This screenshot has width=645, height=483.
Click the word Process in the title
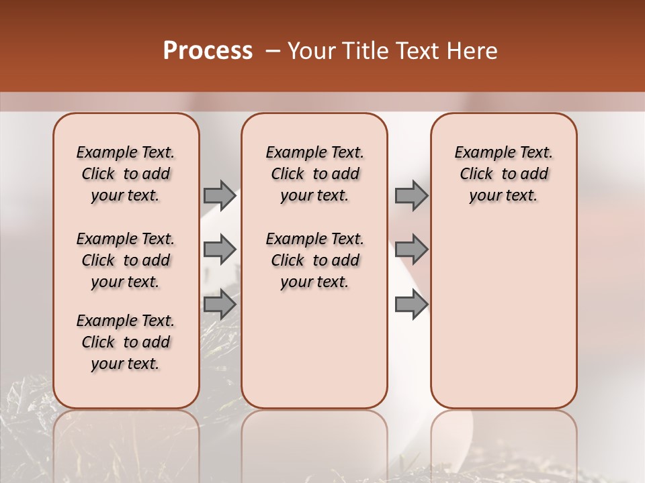point(208,51)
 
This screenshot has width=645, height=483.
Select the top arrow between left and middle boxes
point(220,196)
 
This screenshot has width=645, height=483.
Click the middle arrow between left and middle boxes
point(220,250)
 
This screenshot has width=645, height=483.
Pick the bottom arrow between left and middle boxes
point(220,305)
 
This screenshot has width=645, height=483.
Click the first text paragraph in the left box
point(126,174)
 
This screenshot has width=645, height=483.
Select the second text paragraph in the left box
point(126,260)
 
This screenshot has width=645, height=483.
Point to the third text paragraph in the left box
point(126,342)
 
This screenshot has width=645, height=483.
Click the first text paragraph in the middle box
point(314,174)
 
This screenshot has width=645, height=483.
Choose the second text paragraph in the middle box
point(314,260)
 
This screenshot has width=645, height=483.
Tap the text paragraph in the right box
point(503,174)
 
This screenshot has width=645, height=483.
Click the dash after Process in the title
point(273,51)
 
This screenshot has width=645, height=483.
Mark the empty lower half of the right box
point(503,322)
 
